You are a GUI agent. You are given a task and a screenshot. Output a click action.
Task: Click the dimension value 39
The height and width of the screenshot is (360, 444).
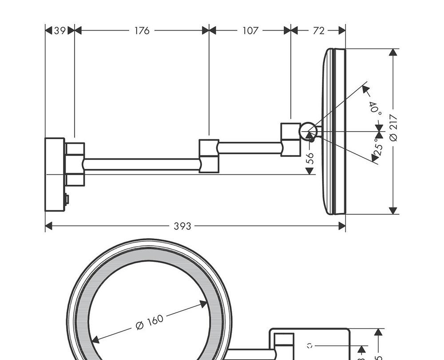tap(59, 31)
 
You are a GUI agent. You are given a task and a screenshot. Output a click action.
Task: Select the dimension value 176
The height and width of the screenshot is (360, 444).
tap(142, 31)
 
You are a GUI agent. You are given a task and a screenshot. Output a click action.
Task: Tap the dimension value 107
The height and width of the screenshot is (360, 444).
tap(250, 31)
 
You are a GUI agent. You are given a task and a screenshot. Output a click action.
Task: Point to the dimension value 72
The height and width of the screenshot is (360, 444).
tap(318, 31)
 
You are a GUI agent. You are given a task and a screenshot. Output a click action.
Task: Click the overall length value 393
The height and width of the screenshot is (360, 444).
tap(182, 226)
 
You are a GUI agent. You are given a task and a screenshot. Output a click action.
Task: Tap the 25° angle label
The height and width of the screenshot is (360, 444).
tap(378, 147)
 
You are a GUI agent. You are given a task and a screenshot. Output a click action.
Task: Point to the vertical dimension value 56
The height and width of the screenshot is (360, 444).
tap(310, 158)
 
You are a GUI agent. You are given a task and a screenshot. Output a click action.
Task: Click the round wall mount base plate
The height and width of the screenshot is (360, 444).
tap(55, 174)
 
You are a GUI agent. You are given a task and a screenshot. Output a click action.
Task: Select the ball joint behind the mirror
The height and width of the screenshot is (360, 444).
tap(308, 132)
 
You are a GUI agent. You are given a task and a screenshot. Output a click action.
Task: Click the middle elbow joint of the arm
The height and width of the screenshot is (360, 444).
tap(209, 156)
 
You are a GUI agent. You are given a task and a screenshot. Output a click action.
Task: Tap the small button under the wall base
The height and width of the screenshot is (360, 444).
tap(67, 200)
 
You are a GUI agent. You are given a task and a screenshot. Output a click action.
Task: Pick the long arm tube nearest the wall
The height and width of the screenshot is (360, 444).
tap(141, 164)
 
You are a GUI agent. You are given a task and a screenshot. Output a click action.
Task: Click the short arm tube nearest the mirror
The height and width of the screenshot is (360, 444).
tap(250, 148)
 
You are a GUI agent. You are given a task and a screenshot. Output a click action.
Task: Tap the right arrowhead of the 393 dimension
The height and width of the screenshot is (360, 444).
tap(342, 226)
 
